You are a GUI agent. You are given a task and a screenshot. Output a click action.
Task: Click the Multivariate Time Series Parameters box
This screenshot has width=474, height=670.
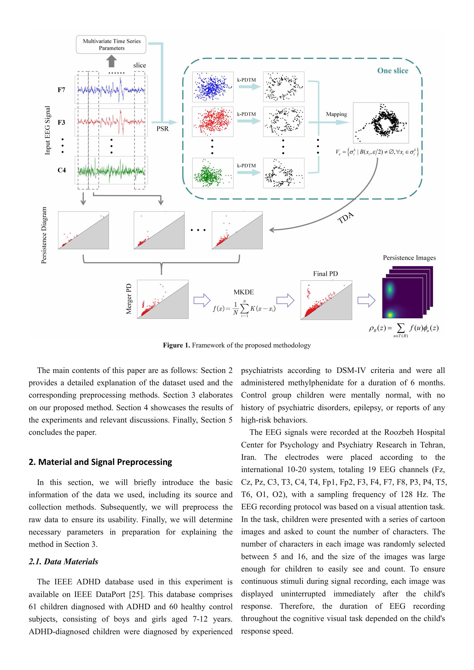click(111, 45)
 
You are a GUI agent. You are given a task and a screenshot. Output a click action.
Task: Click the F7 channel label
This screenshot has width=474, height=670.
click(61, 90)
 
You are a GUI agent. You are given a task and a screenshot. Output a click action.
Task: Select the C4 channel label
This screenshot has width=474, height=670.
click(62, 170)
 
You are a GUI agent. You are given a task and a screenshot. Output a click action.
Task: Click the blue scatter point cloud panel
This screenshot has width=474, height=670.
click(212, 87)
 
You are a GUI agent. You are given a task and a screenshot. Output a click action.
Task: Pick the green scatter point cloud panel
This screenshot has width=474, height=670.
click(212, 173)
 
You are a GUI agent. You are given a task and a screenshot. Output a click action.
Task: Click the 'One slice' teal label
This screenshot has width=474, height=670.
click(393, 71)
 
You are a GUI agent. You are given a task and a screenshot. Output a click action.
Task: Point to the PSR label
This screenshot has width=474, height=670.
click(162, 129)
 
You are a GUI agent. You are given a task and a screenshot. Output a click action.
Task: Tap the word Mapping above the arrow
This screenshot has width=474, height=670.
click(336, 114)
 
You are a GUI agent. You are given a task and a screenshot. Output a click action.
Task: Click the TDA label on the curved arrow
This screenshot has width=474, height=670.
click(346, 218)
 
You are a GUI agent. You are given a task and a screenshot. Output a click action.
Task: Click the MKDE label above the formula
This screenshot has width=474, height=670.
click(244, 292)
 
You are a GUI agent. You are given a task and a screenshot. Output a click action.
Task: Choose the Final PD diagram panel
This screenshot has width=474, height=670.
click(326, 300)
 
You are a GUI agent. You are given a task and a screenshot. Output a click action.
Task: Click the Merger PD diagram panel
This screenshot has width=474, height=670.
click(162, 299)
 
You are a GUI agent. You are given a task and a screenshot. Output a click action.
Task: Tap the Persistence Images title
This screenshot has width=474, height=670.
click(409, 258)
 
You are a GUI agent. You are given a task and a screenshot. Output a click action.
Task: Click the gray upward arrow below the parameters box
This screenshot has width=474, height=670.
click(111, 62)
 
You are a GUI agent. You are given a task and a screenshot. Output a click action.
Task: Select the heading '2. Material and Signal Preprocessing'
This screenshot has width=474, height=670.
click(100, 462)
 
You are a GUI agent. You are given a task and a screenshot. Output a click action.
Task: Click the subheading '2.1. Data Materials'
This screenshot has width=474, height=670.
click(63, 562)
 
